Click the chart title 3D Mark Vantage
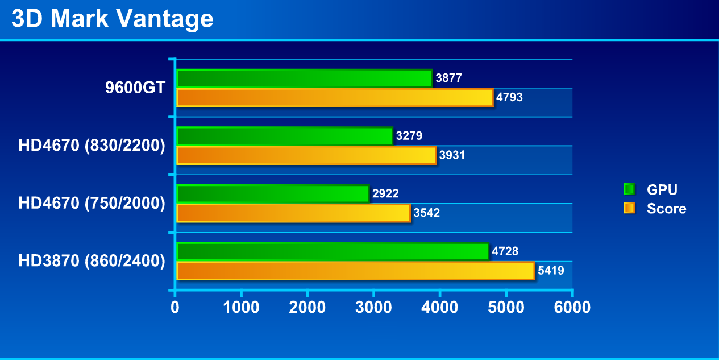113,19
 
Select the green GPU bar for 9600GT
304,78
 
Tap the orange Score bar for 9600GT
335,97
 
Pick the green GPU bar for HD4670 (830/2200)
284,136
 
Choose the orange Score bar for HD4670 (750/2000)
293,213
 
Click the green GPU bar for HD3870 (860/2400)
333,251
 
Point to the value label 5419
551,271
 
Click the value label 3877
449,78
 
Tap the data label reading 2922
386,194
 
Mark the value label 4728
505,251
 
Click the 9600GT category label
135,88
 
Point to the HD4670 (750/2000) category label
92,203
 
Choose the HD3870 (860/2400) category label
92,261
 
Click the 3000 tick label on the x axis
373,308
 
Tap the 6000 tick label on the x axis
571,308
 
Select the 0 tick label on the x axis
175,308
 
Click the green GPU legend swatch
629,189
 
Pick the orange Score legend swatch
629,208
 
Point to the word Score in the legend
666,209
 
